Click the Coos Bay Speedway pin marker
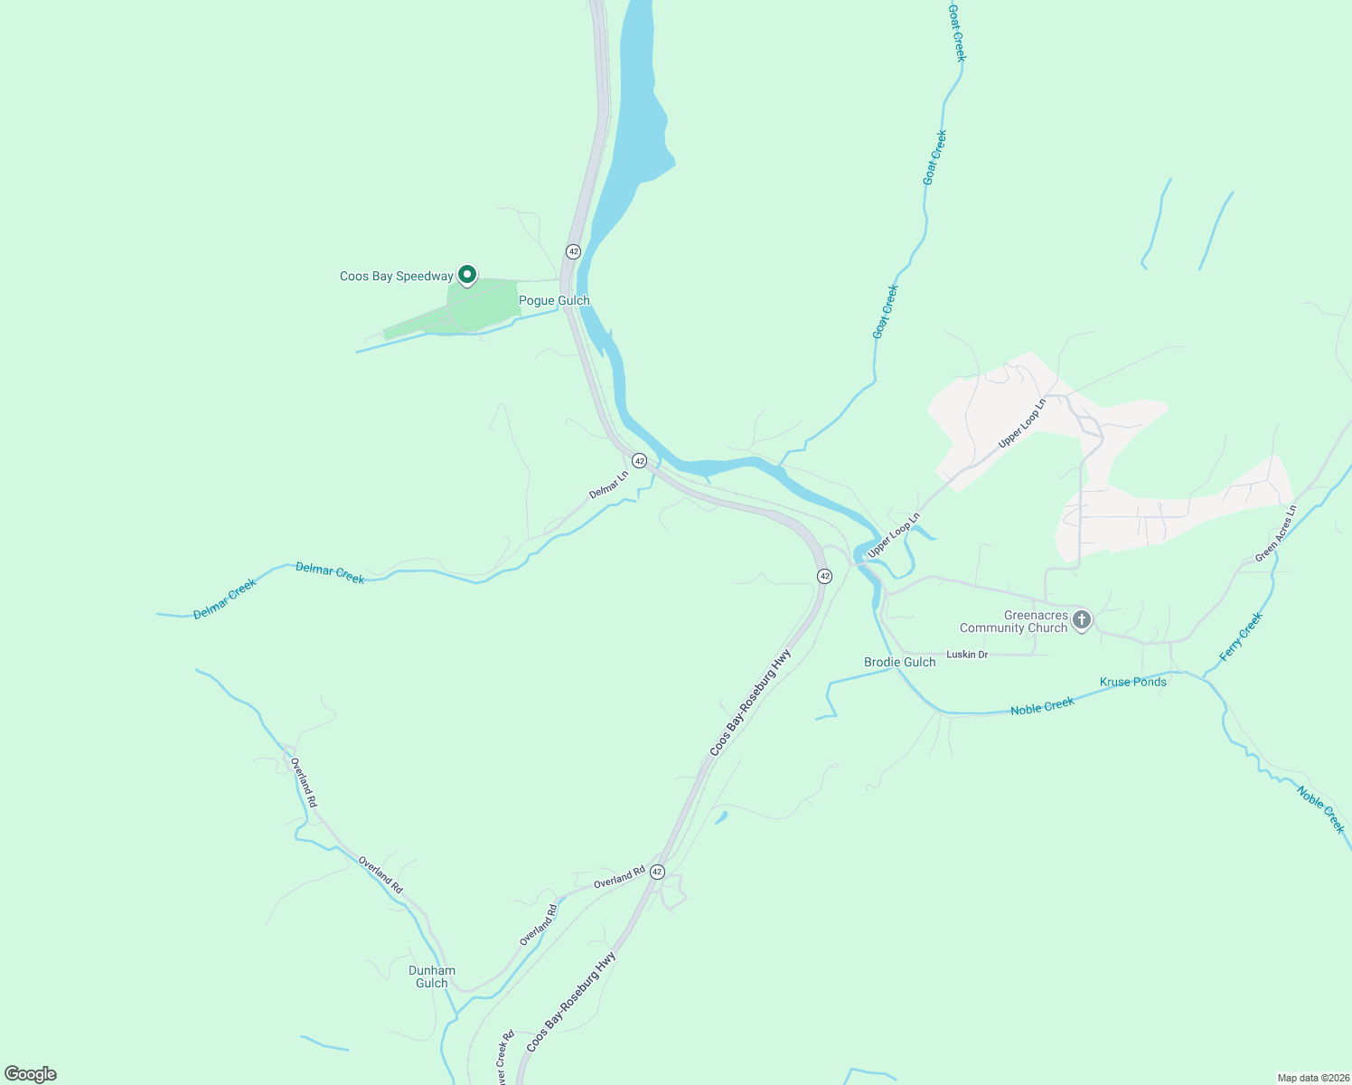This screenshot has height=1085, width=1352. (466, 274)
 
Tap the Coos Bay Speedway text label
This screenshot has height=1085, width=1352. (396, 277)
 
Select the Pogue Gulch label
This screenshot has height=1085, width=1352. (554, 300)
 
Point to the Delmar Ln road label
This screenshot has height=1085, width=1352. (608, 485)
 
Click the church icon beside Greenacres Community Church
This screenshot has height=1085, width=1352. (1081, 620)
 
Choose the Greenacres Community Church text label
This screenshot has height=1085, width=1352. (1013, 621)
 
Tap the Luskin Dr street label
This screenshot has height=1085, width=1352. (967, 654)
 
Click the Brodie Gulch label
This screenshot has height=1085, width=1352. (899, 662)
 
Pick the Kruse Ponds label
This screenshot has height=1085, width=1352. (1132, 682)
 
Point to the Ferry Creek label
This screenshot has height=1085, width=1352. (1240, 637)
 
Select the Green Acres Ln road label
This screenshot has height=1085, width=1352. (1275, 533)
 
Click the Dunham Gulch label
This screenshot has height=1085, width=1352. (432, 976)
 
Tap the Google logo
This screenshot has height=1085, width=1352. (31, 1074)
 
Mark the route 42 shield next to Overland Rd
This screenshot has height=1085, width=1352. (657, 873)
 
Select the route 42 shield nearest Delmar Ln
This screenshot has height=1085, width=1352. (639, 461)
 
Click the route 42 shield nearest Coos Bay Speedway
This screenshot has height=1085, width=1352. (573, 250)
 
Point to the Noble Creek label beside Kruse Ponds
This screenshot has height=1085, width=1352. (1042, 706)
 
